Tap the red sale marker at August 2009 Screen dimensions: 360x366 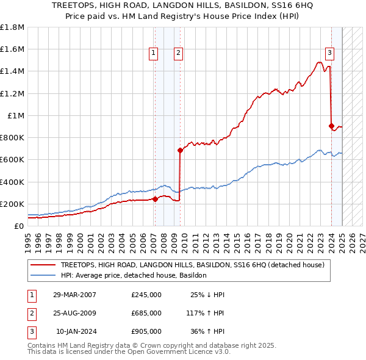[180, 150]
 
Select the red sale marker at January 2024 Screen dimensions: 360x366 [331, 126]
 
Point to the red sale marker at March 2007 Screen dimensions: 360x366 [155, 199]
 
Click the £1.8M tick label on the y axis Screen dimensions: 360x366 [12, 27]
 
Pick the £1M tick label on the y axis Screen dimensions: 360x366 [16, 115]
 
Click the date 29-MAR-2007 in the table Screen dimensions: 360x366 [74, 295]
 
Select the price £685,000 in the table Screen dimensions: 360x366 [146, 313]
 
